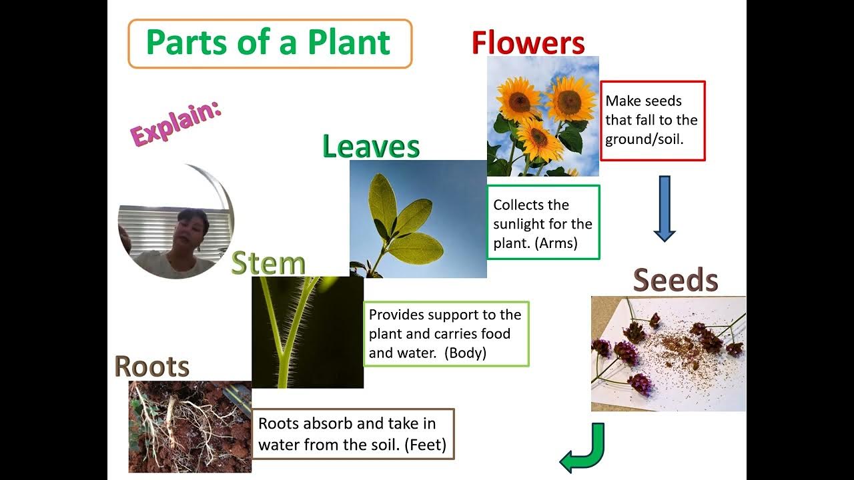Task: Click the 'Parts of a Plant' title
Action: click(268, 43)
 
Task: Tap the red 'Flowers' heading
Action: click(528, 43)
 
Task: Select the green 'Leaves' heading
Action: click(370, 146)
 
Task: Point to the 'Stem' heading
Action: click(268, 263)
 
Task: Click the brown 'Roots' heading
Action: click(152, 367)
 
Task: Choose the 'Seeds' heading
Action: click(675, 281)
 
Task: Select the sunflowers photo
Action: click(542, 116)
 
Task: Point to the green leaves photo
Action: click(418, 219)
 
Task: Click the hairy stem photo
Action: click(307, 332)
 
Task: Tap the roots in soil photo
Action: click(189, 426)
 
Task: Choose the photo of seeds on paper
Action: click(668, 353)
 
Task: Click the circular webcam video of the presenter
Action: click(176, 221)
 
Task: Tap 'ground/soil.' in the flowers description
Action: click(645, 139)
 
